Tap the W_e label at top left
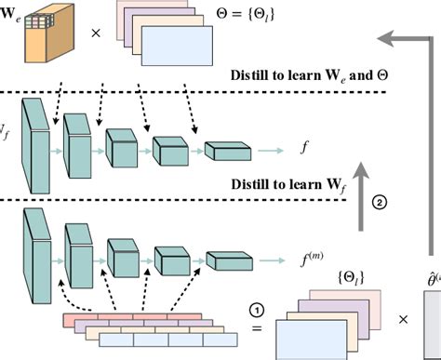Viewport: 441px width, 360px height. coord(11,15)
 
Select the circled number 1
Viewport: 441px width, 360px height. coord(259,307)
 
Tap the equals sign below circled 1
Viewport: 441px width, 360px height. coord(258,327)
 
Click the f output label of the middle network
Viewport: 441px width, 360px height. coord(302,145)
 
